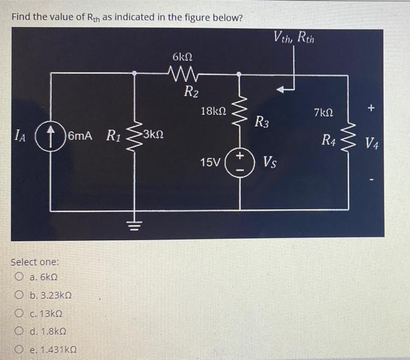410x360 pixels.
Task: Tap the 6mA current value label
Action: point(82,137)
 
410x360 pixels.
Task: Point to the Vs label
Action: point(270,161)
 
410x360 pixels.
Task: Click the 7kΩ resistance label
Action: point(323,112)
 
